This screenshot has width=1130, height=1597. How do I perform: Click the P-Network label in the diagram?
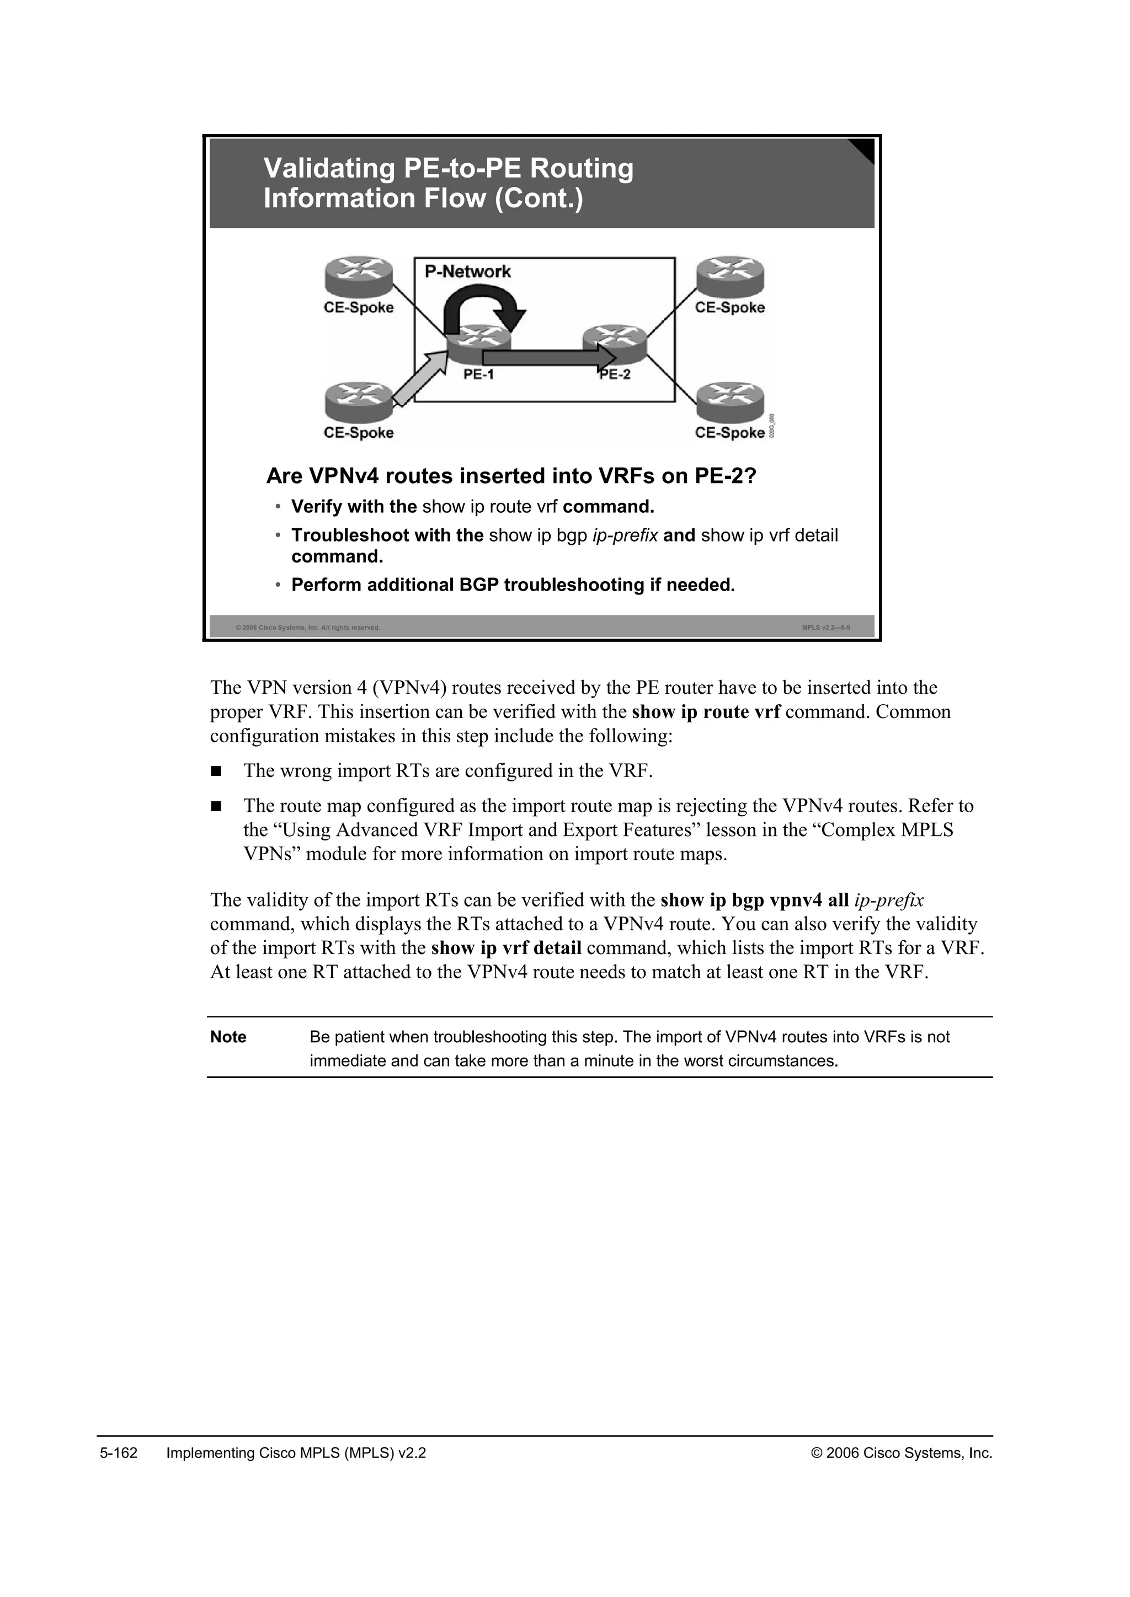[467, 271]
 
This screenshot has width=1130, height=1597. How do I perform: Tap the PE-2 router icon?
[615, 341]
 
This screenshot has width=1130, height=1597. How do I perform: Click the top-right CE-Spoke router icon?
[730, 276]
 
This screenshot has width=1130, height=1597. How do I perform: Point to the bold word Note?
[228, 1037]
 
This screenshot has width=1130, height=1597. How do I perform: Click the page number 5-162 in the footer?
[118, 1453]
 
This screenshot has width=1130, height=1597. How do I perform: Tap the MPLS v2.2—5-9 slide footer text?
[826, 628]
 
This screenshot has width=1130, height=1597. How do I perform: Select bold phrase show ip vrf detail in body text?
[506, 948]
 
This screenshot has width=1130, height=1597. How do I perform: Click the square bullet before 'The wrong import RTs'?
[216, 771]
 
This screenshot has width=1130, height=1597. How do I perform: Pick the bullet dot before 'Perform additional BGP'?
[278, 586]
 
